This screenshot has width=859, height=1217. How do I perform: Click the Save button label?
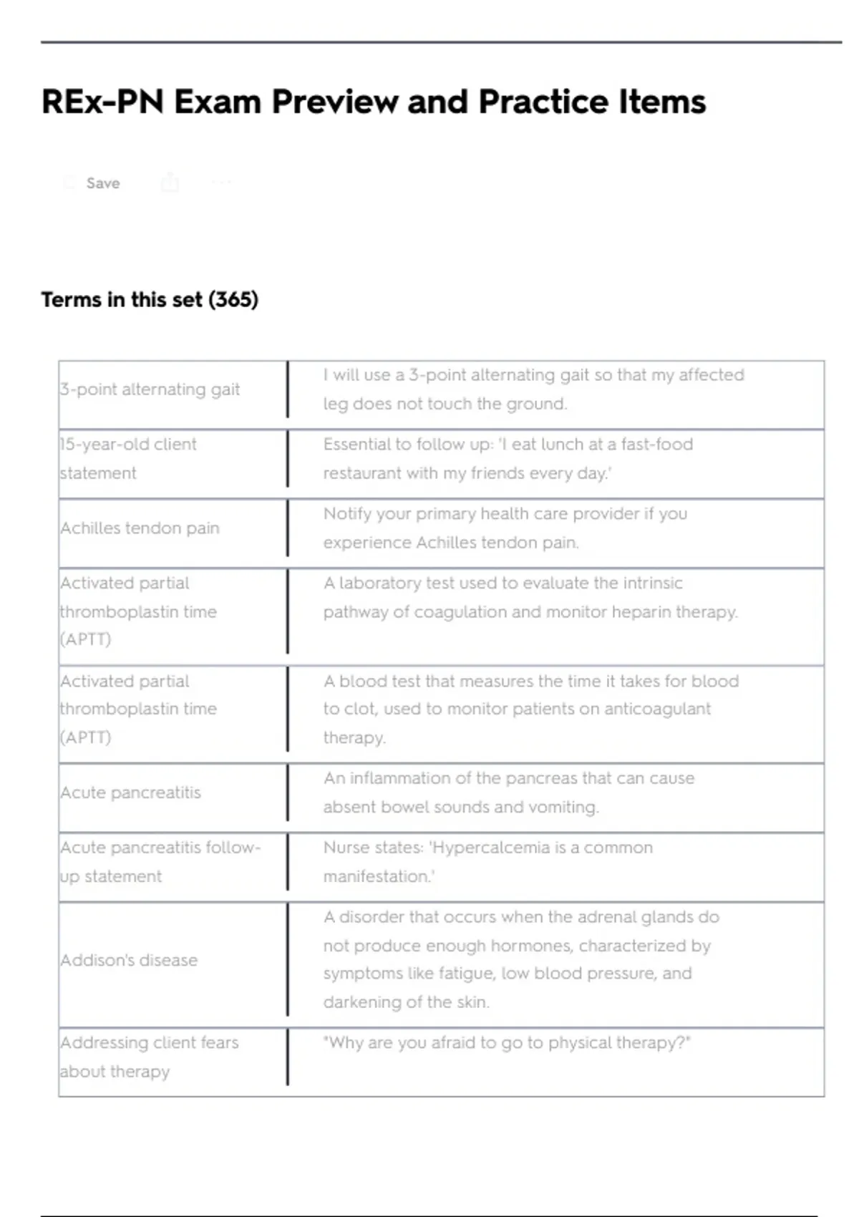(102, 183)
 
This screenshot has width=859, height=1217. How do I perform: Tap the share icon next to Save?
(170, 183)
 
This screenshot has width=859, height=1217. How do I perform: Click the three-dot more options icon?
(222, 183)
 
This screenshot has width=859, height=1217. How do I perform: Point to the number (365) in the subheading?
(233, 299)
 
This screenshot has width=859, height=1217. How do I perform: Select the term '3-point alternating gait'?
(150, 389)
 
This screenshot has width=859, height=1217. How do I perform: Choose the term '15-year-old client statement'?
(128, 458)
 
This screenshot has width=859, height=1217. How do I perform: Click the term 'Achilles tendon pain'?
(140, 528)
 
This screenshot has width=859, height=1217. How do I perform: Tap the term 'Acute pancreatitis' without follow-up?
(131, 792)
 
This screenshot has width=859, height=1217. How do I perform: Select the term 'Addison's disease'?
(129, 960)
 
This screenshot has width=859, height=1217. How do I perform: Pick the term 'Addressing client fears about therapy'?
(149, 1057)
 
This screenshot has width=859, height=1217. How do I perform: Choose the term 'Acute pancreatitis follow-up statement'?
(160, 862)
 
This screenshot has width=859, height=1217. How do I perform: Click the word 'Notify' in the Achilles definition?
(346, 514)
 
